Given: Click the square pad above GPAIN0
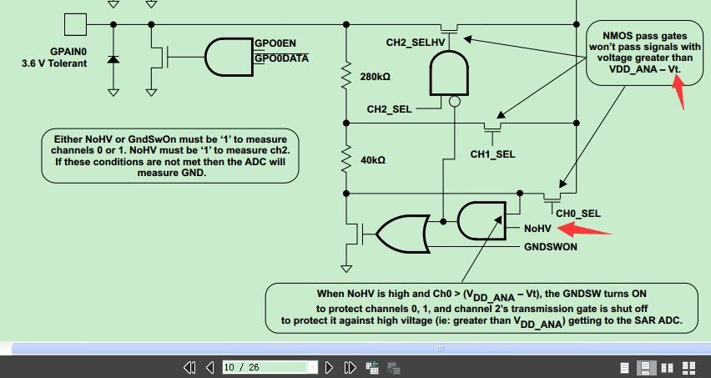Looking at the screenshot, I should [75, 25].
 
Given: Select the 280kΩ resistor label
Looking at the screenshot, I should [376, 78].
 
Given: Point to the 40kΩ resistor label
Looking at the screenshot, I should [372, 159].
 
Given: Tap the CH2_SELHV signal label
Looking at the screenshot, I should [416, 41].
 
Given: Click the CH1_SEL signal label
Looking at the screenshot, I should [492, 154].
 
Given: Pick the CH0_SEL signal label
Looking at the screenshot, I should [578, 214].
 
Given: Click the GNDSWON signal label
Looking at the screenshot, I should [551, 247].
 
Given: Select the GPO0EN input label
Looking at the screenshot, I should [275, 43].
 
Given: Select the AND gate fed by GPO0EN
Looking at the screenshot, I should [226, 57].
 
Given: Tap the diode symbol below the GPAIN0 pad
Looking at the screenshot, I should [113, 60].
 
